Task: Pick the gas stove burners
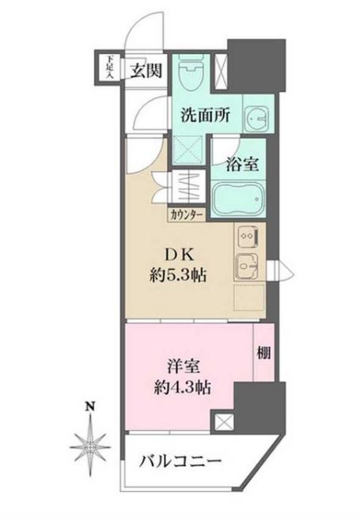click(245, 236)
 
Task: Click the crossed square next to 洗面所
click(189, 146)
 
